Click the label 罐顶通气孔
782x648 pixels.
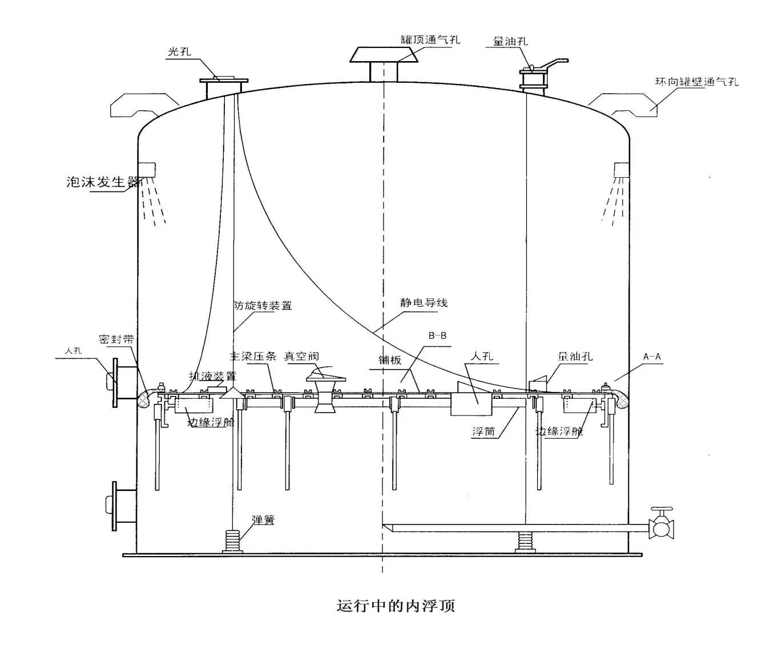click(430, 39)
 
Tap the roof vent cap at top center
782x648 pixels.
click(384, 55)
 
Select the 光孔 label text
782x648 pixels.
click(179, 52)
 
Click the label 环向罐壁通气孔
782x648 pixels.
click(696, 82)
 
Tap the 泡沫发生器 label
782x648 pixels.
click(103, 182)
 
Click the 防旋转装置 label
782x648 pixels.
click(263, 306)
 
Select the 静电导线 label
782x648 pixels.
click(424, 302)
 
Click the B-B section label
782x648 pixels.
click(437, 335)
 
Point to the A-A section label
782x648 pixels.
click(651, 357)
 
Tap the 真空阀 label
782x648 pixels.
click(301, 356)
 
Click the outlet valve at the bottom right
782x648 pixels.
click(662, 526)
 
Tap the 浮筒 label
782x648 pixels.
click(483, 431)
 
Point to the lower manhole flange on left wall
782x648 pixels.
click(116, 504)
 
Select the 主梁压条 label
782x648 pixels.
click(253, 356)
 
